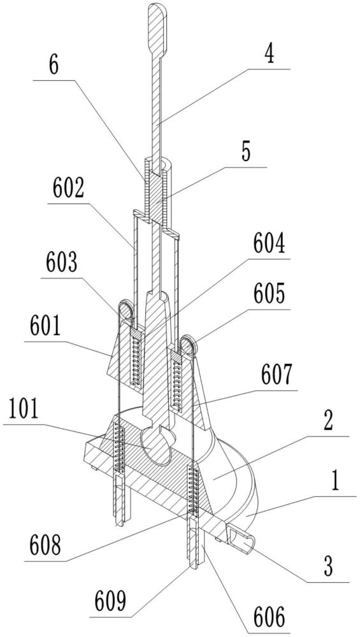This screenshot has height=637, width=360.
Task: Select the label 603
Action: click(x=61, y=265)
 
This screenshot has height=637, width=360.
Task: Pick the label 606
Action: click(x=269, y=618)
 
